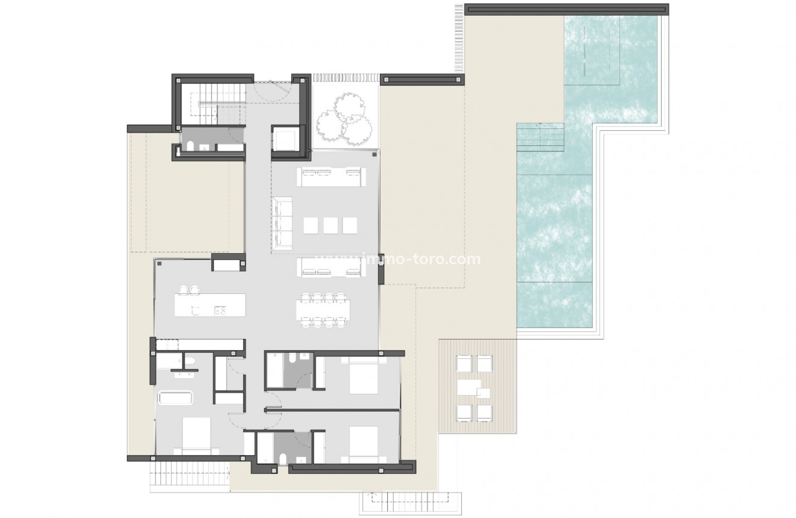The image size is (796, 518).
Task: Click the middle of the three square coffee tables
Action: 330,225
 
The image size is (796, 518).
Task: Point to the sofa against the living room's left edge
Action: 282,221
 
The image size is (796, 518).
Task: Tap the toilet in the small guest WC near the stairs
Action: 189,146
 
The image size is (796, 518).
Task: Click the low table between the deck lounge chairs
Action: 475,386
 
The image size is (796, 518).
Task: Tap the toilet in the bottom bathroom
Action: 283,459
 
